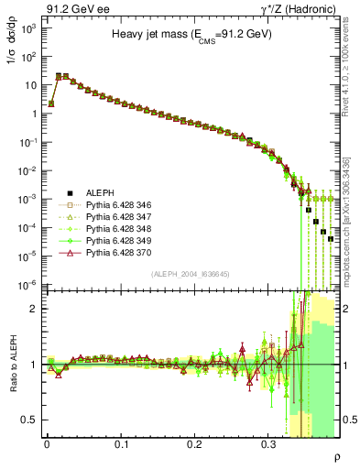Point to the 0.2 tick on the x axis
pyautogui.click(x=194, y=443)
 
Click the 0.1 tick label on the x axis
pyautogui.click(x=121, y=443)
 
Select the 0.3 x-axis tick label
pyautogui.click(x=268, y=443)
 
